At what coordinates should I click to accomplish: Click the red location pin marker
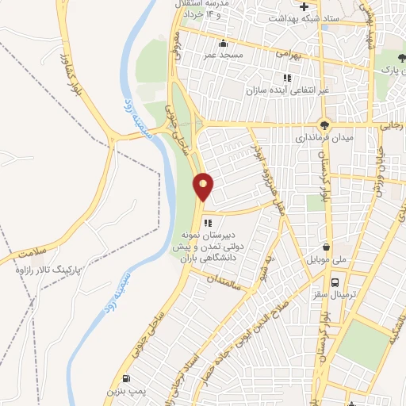[x=204, y=186]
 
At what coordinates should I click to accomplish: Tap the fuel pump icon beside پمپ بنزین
[x=126, y=378]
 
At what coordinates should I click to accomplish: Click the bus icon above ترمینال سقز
[x=335, y=282]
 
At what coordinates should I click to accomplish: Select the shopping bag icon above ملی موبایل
[x=327, y=247]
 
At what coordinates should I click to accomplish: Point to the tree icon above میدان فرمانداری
[x=324, y=124]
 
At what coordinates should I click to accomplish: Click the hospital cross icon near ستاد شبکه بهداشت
[x=303, y=6]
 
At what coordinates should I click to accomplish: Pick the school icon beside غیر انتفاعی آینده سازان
[x=288, y=78]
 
